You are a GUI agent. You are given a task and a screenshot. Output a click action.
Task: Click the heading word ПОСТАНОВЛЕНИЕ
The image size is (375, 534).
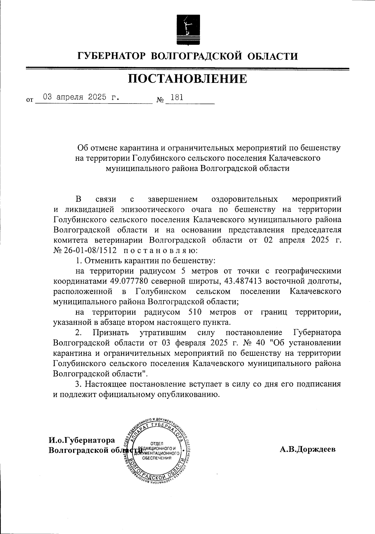tap(187, 79)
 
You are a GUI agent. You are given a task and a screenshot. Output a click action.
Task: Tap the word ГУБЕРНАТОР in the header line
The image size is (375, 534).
tap(112, 56)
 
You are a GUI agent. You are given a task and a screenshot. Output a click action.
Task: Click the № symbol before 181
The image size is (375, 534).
tap(160, 100)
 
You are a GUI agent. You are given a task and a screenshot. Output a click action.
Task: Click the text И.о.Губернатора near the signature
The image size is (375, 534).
tap(82, 440)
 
